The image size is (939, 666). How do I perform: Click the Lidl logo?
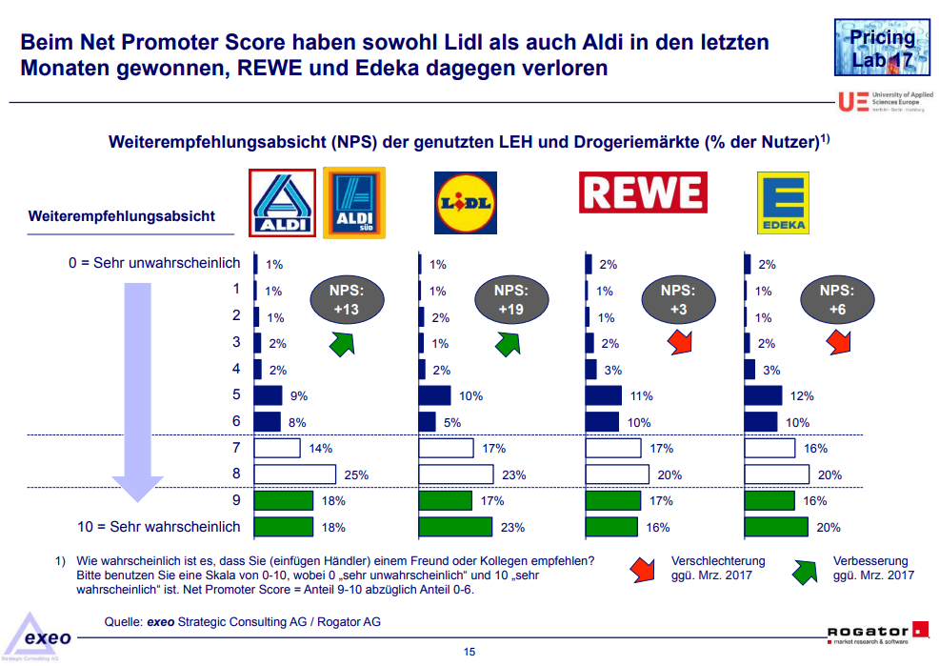point(465,202)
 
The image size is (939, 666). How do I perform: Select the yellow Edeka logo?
point(782,202)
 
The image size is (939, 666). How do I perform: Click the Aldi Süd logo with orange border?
point(354,202)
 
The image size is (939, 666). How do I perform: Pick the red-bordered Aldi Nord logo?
point(282,202)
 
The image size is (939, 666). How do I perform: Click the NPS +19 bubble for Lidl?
point(511,299)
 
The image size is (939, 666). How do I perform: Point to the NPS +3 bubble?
point(679,299)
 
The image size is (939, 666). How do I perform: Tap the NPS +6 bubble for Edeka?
point(836,299)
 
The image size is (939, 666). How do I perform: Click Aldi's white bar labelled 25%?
point(295,474)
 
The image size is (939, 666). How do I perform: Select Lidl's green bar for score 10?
point(455,527)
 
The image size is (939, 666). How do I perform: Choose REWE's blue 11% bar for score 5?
point(604,395)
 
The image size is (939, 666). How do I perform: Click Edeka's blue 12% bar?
point(763,395)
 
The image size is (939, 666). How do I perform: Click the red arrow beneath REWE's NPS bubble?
point(678,342)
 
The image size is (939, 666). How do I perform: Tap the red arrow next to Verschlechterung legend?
point(643,570)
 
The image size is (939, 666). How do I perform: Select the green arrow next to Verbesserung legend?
point(806,570)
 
